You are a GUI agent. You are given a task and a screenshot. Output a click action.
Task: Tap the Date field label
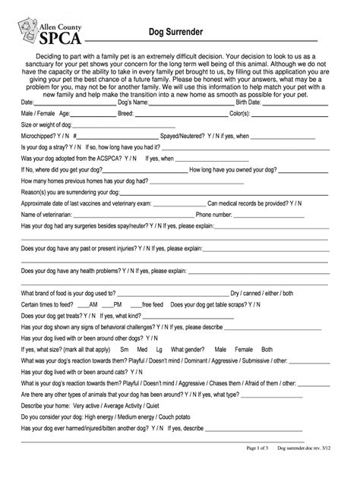point(27,102)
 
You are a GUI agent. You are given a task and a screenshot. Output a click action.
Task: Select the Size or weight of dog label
point(46,124)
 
